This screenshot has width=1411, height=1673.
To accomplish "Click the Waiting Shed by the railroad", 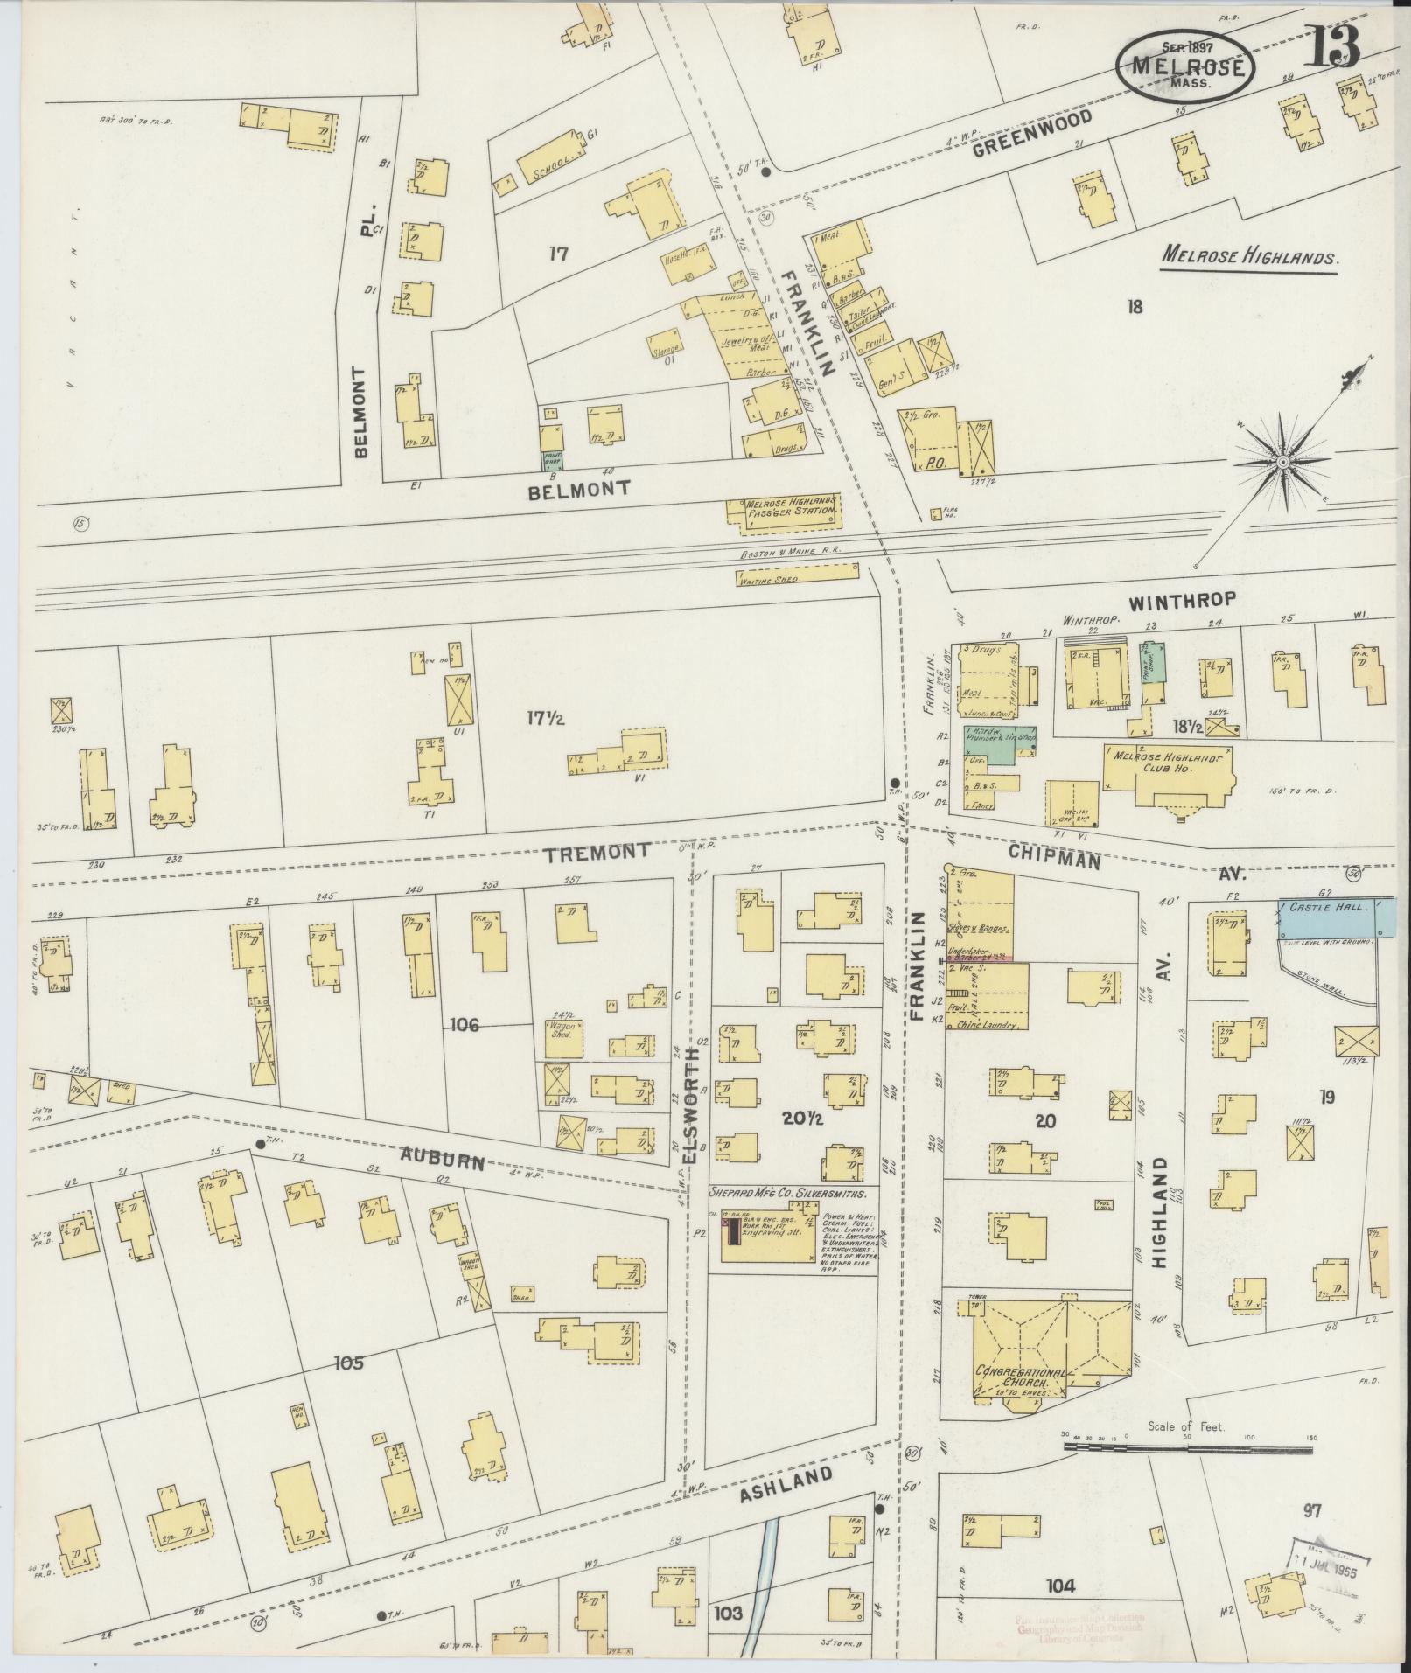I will [x=796, y=575].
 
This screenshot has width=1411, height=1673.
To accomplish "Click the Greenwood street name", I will [x=1032, y=133].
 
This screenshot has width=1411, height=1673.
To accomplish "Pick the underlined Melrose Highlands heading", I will [x=1249, y=258].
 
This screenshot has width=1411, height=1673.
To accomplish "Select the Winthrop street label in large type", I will [x=1181, y=600].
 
